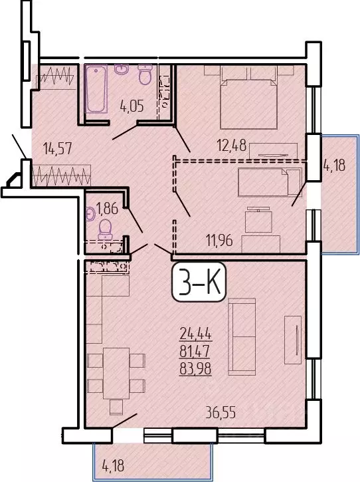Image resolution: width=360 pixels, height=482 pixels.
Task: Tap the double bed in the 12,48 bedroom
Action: (x=248, y=102)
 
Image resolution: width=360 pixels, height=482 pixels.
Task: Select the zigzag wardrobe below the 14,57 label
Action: (x=60, y=177)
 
